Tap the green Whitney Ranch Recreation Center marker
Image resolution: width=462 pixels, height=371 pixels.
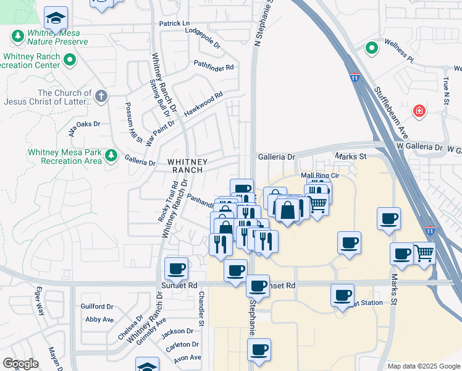tap(69, 61)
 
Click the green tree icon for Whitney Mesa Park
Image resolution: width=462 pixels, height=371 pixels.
tap(111, 155)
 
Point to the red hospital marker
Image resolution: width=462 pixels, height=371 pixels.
tap(420, 111)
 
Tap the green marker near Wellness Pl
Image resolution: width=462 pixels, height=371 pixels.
tap(371, 48)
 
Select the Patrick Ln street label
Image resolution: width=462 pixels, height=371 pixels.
tap(174, 23)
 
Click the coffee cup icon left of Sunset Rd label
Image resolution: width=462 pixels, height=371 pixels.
tap(177, 268)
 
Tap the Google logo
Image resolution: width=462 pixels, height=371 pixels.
tap(20, 364)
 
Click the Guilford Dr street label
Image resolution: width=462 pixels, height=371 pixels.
tap(97, 306)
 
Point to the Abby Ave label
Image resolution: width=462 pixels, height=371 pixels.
tap(99, 319)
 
